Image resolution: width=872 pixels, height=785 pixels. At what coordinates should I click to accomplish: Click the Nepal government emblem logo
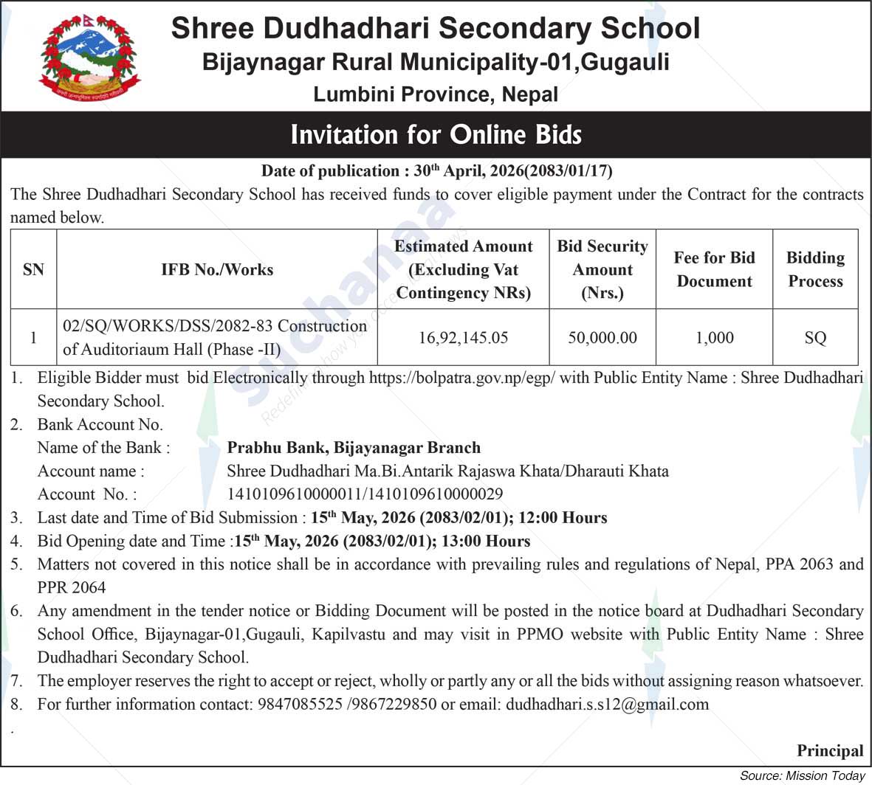point(89,57)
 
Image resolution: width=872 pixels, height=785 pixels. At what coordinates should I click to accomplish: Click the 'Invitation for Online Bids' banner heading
point(436,134)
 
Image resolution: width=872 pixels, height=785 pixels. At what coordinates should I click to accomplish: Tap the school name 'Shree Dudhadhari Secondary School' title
point(435,28)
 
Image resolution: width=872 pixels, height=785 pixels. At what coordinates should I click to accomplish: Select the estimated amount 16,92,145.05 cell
point(463,338)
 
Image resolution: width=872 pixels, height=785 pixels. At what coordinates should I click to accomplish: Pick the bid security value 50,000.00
point(602,338)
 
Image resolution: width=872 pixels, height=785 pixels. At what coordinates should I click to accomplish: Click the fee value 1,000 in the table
point(714,338)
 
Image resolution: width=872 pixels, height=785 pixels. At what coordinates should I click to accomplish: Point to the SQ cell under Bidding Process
point(815,338)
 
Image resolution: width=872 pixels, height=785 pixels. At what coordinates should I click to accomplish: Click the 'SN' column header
point(33,269)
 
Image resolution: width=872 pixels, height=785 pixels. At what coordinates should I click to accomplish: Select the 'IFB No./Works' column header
point(217,269)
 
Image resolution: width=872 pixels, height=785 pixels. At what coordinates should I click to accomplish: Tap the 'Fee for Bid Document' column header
point(714,269)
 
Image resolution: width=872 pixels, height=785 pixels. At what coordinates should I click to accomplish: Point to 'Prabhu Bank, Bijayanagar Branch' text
point(354,448)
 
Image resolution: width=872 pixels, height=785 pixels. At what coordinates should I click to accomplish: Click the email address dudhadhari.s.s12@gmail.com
point(607,705)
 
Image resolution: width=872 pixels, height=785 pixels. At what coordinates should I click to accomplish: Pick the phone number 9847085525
point(300,705)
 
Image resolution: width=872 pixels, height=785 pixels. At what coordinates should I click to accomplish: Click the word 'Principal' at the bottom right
point(829,751)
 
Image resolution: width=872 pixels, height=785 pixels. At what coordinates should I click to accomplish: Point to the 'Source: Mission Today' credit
point(802,775)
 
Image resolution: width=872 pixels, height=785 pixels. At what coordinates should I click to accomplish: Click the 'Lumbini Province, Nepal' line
point(436,94)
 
